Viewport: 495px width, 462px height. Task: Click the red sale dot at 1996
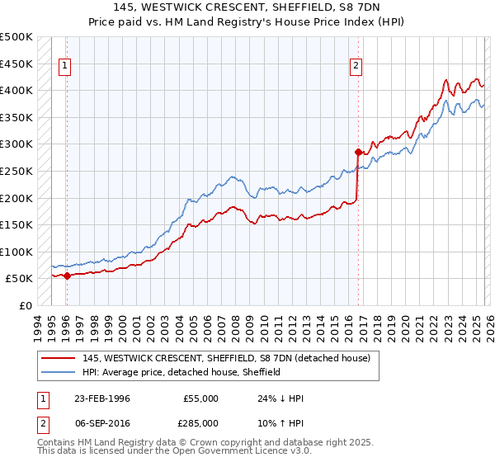(x=67, y=276)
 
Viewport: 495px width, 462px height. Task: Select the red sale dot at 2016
(x=358, y=152)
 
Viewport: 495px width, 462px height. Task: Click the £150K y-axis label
(x=16, y=225)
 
